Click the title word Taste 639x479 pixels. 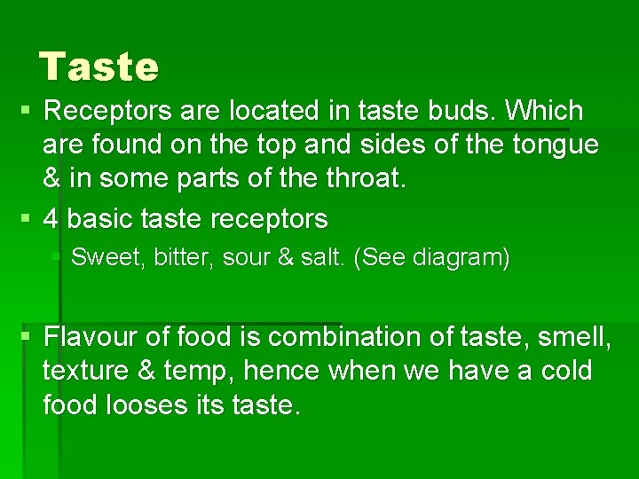coord(99,67)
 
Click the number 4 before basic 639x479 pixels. coord(51,218)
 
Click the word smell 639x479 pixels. coord(576,337)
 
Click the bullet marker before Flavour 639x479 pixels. coord(27,337)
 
